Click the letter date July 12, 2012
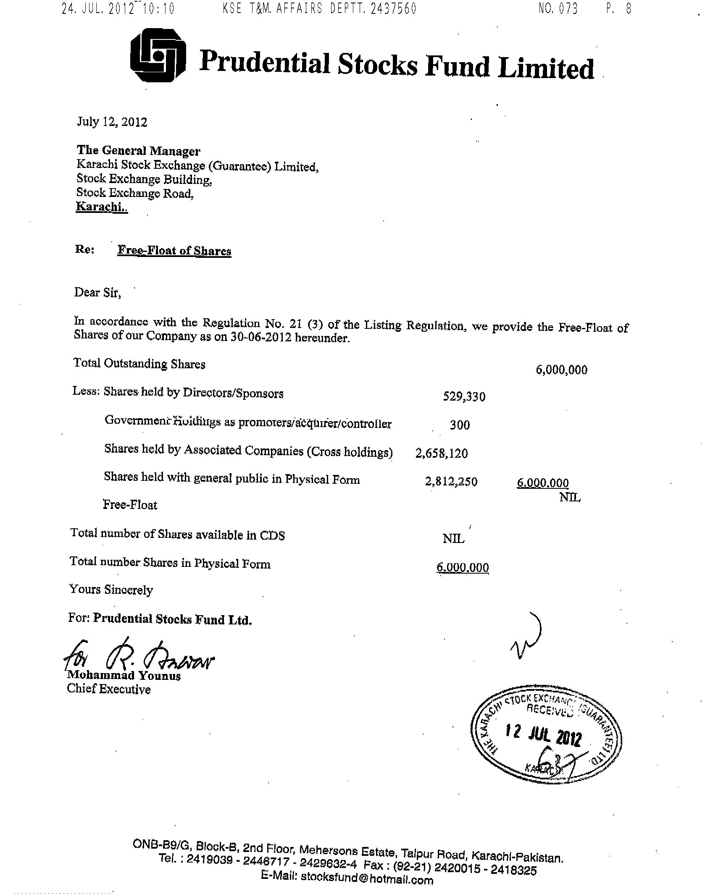click(x=112, y=122)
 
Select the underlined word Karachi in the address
click(x=101, y=207)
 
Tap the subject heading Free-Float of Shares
click(x=174, y=251)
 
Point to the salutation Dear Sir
click(x=97, y=292)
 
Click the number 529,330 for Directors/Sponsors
click(x=464, y=396)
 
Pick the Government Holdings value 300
click(x=460, y=425)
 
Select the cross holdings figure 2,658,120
click(x=442, y=454)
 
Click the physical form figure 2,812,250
click(x=451, y=482)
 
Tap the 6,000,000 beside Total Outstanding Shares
click(x=561, y=370)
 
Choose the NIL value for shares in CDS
click(x=453, y=539)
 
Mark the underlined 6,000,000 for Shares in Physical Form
click(x=463, y=568)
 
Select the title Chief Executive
click(x=109, y=689)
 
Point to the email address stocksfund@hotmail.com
click(x=367, y=877)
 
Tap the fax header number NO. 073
click(x=558, y=8)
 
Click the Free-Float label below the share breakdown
click(x=130, y=504)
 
